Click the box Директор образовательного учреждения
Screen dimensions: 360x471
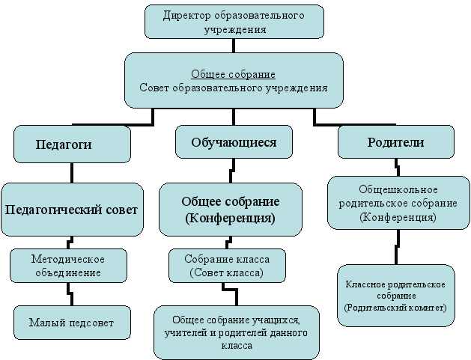tap(234, 22)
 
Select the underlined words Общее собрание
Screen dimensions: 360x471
tap(234, 75)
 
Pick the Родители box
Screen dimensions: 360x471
tap(395, 141)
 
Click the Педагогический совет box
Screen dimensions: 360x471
tap(72, 210)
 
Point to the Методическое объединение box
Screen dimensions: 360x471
tap(68, 266)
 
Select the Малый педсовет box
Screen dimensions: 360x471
tap(72, 323)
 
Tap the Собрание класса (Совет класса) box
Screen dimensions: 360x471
tap(225, 266)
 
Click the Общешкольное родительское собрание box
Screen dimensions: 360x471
tap(392, 203)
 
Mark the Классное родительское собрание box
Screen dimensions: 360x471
tap(395, 296)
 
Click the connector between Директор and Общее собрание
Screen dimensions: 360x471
tap(234, 46)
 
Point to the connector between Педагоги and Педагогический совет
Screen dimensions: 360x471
tap(72, 172)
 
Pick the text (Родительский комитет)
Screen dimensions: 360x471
tap(395, 308)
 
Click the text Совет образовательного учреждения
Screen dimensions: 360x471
tap(234, 88)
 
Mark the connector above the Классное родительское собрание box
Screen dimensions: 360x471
tap(397, 246)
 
